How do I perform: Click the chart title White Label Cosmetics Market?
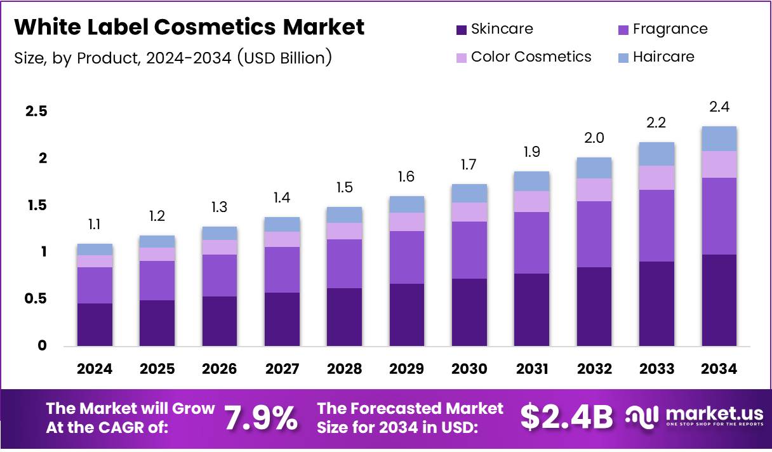point(189,27)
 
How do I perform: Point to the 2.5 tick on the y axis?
point(36,112)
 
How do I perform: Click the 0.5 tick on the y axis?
point(36,299)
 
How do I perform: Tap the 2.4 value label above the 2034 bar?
point(719,107)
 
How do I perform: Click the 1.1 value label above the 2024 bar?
point(95,225)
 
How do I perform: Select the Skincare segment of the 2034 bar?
point(719,300)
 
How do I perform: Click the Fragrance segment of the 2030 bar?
point(469,249)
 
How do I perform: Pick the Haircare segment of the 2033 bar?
point(656,154)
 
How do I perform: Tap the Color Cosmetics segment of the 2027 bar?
point(282,239)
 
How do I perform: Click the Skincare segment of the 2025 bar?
point(157,322)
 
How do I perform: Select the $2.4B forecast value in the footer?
point(567,417)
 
